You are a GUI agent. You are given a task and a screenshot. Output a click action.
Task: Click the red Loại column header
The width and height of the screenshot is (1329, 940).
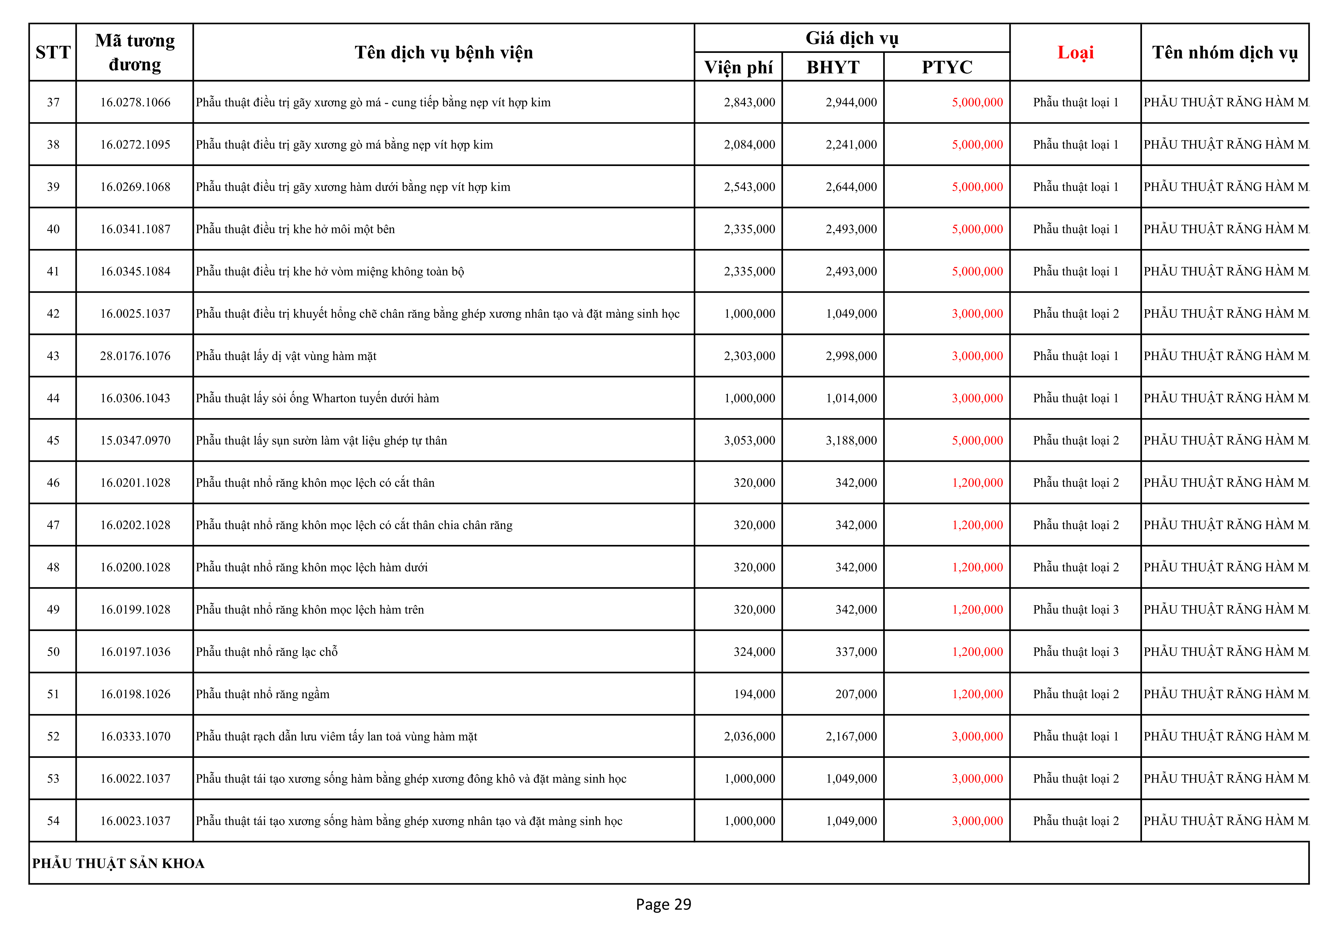coord(1075,53)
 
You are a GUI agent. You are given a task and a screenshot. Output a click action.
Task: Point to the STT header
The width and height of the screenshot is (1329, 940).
coord(53,53)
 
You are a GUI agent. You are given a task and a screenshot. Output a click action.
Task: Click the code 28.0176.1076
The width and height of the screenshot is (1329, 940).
coord(135,356)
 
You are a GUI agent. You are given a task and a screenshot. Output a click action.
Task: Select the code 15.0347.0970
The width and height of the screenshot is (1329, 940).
coord(135,441)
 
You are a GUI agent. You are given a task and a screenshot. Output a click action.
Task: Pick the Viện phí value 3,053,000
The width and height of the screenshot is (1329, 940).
coord(749,441)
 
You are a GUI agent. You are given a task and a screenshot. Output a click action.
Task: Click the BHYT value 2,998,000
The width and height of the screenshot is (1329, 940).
coord(851,356)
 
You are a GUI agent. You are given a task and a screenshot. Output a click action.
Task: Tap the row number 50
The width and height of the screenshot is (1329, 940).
coord(53,652)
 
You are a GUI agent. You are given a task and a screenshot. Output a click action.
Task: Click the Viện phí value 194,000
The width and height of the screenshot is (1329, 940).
coord(754,694)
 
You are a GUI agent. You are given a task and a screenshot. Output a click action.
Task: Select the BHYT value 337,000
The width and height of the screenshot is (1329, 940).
coord(855,652)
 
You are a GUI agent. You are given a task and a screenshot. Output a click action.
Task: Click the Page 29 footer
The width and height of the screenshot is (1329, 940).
coord(663,904)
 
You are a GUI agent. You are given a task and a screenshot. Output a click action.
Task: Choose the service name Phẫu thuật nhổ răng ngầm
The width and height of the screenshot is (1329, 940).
coord(262,694)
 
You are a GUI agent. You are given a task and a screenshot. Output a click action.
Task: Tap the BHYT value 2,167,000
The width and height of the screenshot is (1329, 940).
coord(851,736)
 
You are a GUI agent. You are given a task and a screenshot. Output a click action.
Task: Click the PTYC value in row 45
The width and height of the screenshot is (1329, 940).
coord(977,441)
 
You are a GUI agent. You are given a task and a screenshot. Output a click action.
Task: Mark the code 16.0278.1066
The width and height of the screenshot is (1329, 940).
coord(135,102)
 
